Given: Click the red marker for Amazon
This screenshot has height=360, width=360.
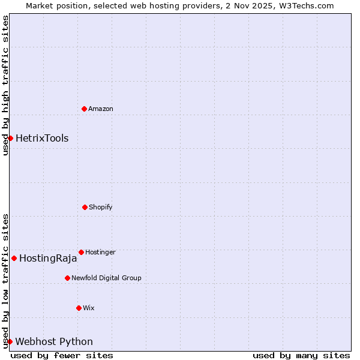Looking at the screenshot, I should point(84,109).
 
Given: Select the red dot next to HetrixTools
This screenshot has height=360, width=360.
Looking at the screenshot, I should point(10,138).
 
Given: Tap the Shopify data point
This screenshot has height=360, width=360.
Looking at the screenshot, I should point(85,207).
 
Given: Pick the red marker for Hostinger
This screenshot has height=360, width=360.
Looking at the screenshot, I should point(81,252).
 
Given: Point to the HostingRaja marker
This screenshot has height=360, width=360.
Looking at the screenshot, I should point(14,258).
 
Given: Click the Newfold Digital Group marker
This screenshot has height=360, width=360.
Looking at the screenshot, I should point(67,278).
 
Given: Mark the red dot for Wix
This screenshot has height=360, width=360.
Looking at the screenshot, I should point(79,308).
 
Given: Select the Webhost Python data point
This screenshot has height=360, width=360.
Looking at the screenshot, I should point(10,341).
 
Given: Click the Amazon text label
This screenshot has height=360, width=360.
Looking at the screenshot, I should point(101,109).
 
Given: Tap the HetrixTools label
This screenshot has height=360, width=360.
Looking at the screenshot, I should point(42,138).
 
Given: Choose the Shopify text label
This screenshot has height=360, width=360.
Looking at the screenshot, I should point(101,207).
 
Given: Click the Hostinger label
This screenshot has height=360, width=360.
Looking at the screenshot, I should point(100,252).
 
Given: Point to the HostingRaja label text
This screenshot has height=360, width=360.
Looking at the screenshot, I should point(48,259).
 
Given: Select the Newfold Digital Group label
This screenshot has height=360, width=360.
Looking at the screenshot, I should point(106,278).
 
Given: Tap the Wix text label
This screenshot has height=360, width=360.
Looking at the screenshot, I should point(89,308).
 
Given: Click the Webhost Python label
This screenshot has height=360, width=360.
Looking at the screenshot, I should point(54,341).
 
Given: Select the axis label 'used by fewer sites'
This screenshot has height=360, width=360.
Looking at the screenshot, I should point(62,355).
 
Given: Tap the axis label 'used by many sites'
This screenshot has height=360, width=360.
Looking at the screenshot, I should point(301,355).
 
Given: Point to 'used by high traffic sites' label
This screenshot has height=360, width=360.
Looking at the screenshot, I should point(5,85).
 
